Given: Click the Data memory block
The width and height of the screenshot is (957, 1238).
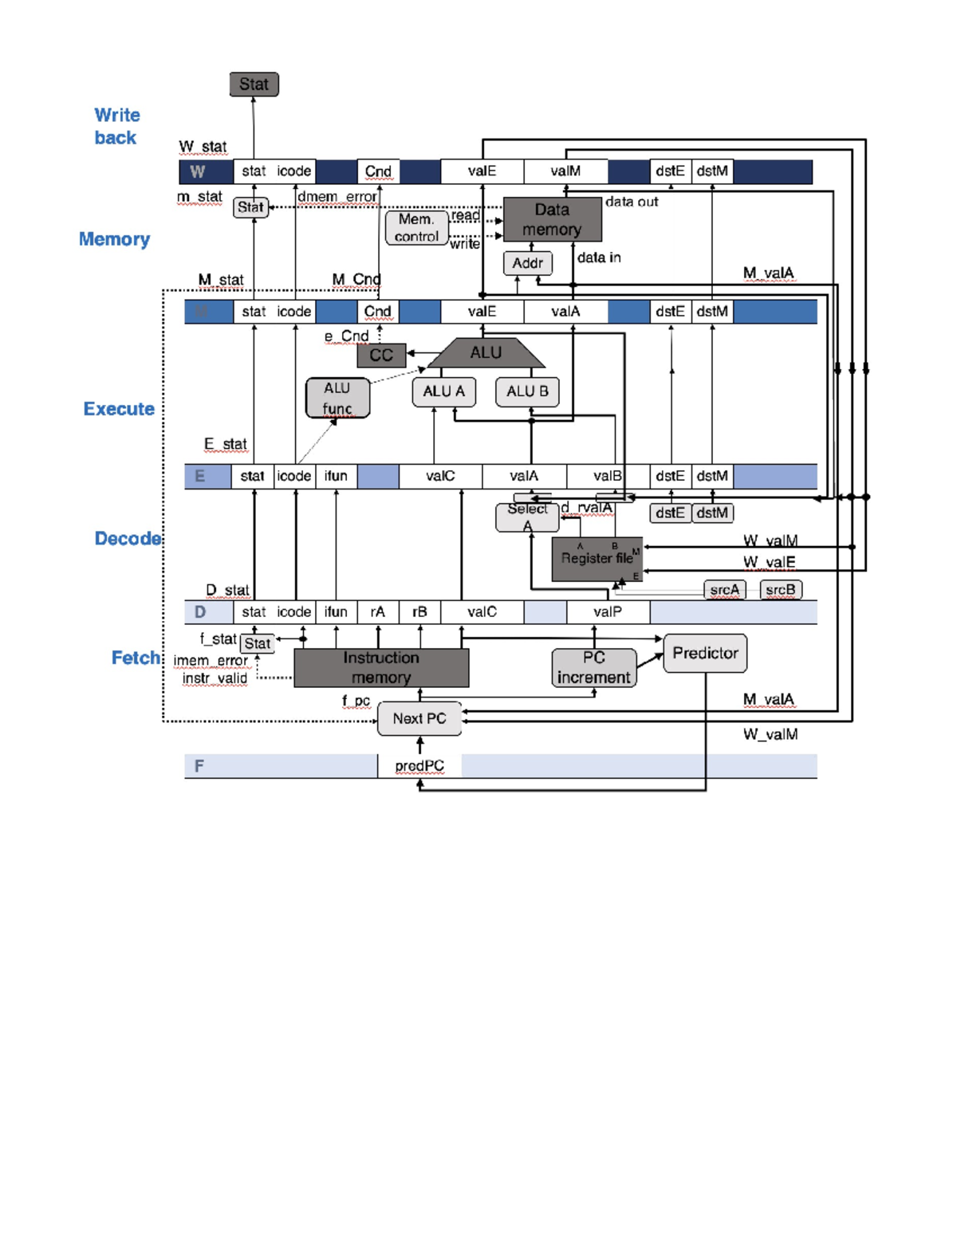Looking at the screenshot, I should click(x=552, y=219).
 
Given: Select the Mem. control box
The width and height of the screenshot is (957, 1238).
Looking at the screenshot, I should click(x=416, y=228).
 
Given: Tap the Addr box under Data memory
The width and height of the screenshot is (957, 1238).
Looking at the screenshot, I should click(x=527, y=263).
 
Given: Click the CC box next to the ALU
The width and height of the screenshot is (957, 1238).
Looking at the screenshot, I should click(x=381, y=356).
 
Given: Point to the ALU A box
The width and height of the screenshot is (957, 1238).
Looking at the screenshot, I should click(x=443, y=391).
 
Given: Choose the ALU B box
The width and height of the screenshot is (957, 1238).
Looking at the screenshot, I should click(x=527, y=391).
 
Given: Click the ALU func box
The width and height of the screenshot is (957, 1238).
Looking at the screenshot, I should click(x=337, y=398).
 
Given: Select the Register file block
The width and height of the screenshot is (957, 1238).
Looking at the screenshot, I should click(x=597, y=559).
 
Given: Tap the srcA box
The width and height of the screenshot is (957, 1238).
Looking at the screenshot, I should click(x=724, y=590).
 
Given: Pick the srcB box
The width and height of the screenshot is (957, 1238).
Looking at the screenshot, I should click(x=780, y=590).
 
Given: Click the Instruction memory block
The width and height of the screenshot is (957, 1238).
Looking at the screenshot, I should click(x=381, y=667).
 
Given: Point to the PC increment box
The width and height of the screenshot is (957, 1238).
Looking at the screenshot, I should click(x=593, y=667).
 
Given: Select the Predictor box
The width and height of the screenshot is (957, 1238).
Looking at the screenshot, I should click(x=705, y=653).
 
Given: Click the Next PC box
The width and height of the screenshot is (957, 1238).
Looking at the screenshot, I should click(x=419, y=718).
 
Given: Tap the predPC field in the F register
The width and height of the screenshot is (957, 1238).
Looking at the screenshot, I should click(x=419, y=766).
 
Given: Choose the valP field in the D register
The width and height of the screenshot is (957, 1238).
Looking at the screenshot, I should click(x=608, y=612).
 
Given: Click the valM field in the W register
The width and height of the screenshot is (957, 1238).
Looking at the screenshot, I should click(x=565, y=171).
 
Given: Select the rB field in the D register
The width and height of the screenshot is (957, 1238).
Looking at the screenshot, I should click(x=419, y=612).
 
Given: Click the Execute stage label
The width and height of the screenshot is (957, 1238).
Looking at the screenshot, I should click(x=119, y=409).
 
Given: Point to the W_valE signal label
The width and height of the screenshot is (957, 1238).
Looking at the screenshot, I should click(x=769, y=562).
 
